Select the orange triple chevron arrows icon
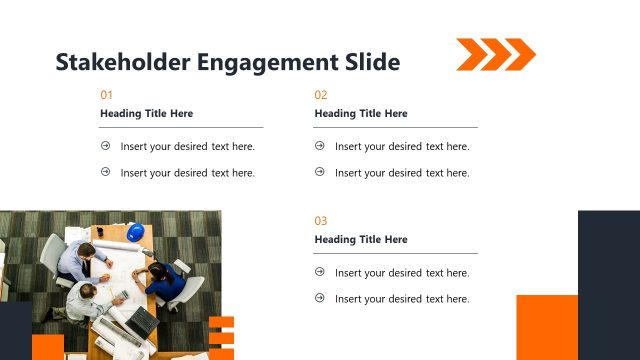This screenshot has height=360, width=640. [x=495, y=54]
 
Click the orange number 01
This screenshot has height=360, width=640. [x=107, y=95]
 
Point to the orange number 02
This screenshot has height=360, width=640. [x=321, y=95]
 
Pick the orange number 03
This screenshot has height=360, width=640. [x=321, y=221]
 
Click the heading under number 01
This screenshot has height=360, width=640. [x=147, y=114]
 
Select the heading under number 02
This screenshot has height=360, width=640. [x=361, y=114]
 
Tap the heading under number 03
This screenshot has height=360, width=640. [x=361, y=240]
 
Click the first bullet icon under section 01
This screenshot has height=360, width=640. [x=106, y=146]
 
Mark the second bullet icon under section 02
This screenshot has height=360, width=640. [x=320, y=172]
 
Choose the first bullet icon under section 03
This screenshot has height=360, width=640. [x=320, y=272]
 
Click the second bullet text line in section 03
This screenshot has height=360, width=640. [x=402, y=299]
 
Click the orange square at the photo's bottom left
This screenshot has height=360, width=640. [x=47, y=347]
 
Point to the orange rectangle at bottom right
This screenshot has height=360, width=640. [x=546, y=327]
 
